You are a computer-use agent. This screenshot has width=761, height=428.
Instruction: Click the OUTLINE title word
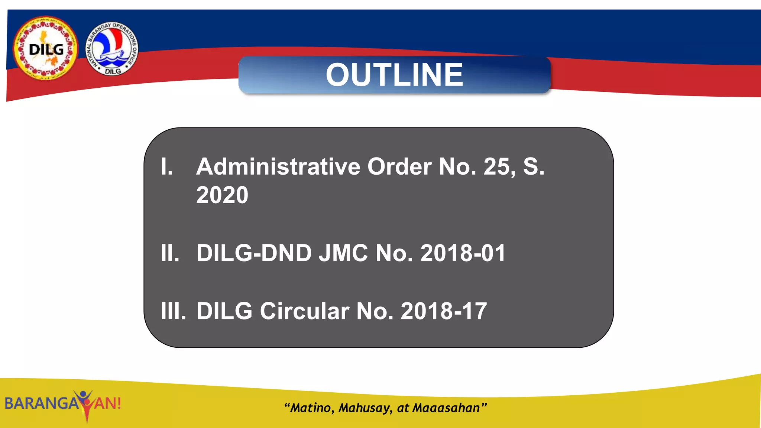point(394,75)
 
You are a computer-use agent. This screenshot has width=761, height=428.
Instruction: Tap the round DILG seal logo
point(46,48)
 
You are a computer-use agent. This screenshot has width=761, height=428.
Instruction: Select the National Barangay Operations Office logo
point(112,48)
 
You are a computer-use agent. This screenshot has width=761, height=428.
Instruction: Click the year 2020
point(222,195)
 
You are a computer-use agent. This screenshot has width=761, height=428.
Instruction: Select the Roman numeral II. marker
point(170,253)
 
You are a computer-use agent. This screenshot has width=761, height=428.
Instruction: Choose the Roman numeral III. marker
point(173,311)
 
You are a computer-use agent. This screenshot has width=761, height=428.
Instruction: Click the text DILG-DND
point(254,253)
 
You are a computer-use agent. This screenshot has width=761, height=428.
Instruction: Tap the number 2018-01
point(463,253)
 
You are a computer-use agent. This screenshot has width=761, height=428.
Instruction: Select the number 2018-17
point(444,311)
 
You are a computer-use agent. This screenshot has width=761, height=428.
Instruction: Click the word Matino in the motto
point(311,408)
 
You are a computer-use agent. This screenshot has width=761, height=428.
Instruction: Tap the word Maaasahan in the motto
point(446,408)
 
